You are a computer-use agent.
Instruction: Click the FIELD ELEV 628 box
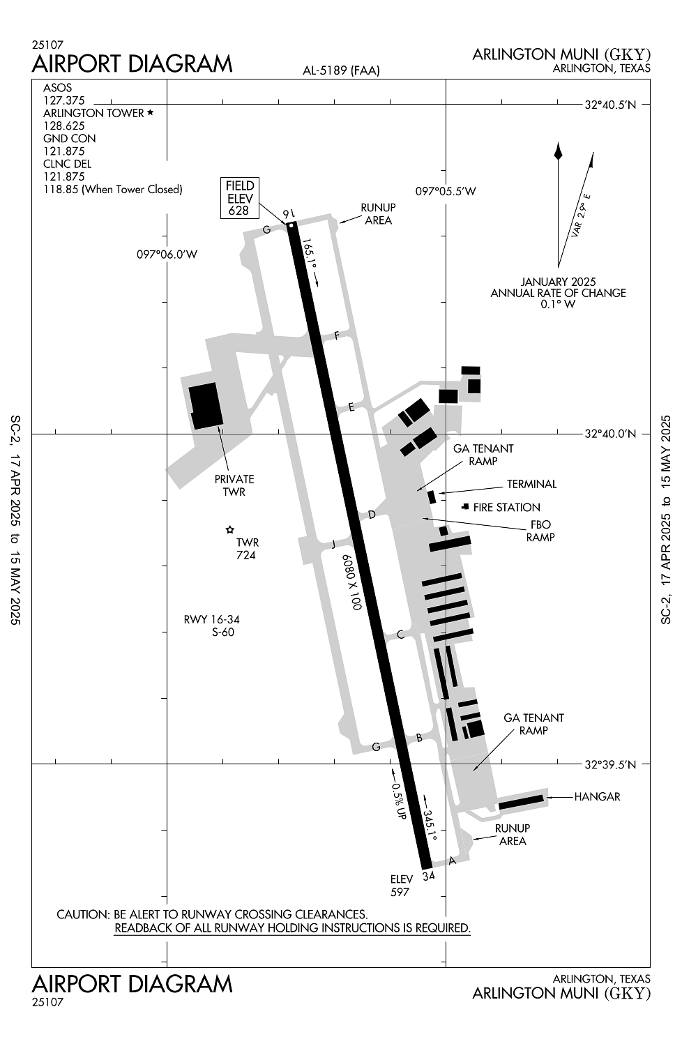pos(240,198)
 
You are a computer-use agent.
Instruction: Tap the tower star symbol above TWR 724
pos(229,529)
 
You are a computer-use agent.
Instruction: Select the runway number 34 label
pos(428,876)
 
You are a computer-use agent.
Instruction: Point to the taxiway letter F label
pos(336,335)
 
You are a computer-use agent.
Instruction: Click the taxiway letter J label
pos(333,544)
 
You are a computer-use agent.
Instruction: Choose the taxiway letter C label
pos(400,635)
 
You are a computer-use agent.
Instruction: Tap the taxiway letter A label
pos(452,860)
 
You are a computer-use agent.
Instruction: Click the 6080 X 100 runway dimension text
pos(351,582)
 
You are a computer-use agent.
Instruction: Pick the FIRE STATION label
pos(506,507)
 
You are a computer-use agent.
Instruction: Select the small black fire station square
pos(465,507)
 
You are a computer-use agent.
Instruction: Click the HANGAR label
pos(597,796)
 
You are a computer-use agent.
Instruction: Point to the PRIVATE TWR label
pos(234,485)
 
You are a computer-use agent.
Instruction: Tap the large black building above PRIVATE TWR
pos(206,405)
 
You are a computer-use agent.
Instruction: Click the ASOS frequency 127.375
pos(64,100)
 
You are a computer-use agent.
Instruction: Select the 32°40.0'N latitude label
pos(610,434)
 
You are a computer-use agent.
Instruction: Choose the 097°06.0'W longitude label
pos(167,255)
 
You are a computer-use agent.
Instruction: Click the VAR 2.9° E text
pos(581,215)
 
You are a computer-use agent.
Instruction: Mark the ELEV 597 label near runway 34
pos(401,886)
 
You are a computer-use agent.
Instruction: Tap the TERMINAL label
pos(531,484)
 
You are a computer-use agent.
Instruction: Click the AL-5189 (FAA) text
pos(341,70)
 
